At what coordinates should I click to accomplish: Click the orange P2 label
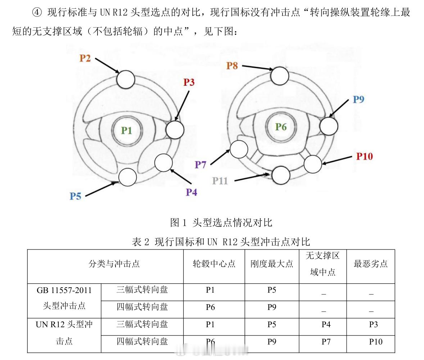85,58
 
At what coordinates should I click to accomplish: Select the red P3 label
189,82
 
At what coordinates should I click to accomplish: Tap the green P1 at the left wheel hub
126,130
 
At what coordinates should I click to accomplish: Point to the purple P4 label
191,192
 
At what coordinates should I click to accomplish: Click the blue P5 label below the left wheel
75,197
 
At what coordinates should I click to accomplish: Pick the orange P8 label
232,66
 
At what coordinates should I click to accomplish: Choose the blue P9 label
358,99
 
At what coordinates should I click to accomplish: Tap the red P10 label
364,156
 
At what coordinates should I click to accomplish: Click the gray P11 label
220,180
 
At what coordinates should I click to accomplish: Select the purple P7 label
200,165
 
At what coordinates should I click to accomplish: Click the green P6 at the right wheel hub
281,127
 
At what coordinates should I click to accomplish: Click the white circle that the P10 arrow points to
312,164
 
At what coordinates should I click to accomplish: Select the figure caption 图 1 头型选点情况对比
221,222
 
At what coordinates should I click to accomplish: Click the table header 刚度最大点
272,264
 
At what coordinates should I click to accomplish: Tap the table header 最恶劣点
370,264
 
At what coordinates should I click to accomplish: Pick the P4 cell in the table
326,324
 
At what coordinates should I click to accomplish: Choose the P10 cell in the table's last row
375,342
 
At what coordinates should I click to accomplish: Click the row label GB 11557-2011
64,290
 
